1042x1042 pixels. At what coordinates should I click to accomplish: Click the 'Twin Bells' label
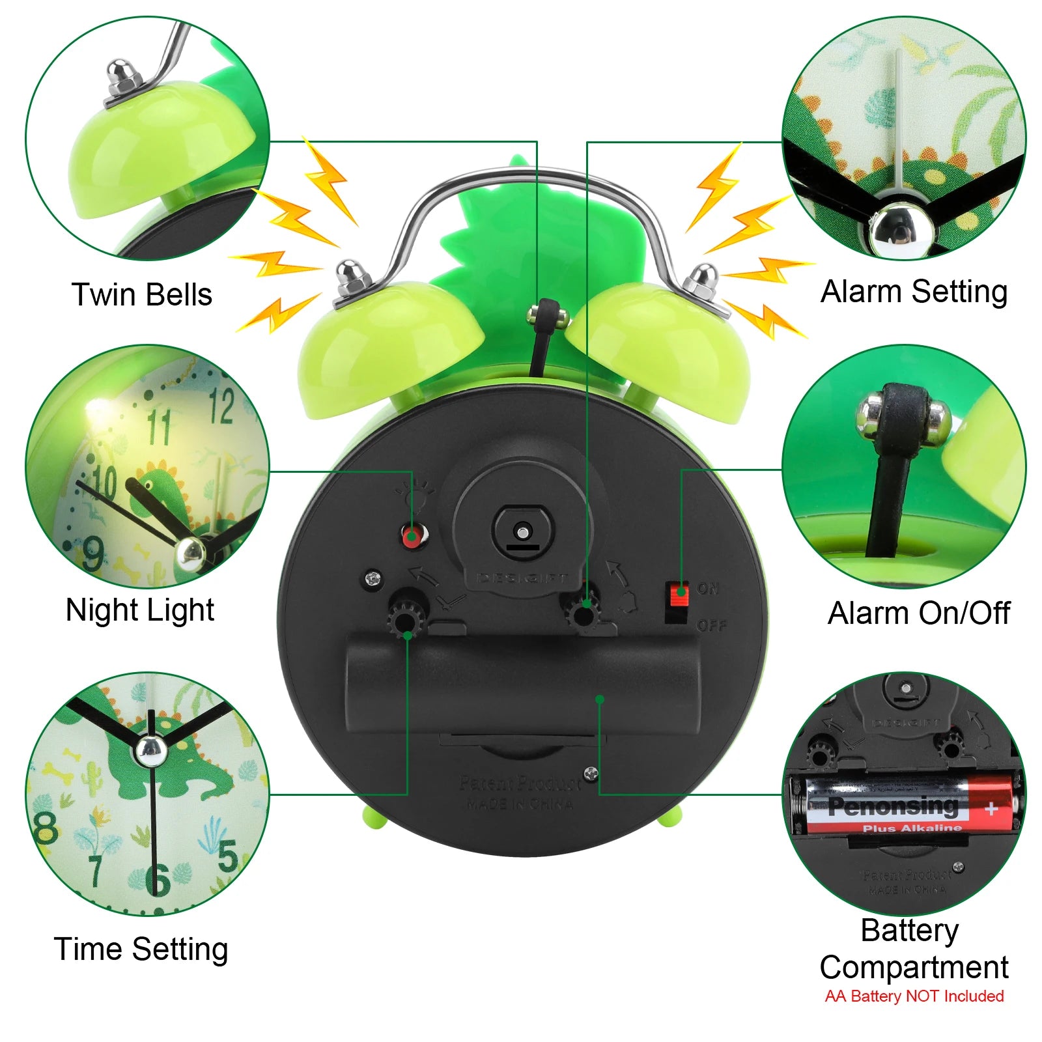point(141,294)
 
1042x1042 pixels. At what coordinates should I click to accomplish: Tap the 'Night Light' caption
point(139,611)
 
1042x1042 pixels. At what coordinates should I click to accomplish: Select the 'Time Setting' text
point(141,949)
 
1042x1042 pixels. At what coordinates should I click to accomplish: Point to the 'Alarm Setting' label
point(914,291)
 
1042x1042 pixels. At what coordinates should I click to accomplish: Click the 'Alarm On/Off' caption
point(918,613)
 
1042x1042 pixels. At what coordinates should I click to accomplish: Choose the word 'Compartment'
point(914,967)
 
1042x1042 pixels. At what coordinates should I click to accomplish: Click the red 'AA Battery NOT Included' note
point(914,996)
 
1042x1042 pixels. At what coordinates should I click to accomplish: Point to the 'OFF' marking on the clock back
point(711,626)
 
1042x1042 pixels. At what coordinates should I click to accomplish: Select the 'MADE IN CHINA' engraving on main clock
point(520,804)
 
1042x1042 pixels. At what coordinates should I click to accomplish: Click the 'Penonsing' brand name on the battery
point(893,806)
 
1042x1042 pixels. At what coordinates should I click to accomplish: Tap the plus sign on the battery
point(991,810)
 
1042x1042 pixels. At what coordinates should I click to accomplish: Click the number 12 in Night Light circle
point(221,406)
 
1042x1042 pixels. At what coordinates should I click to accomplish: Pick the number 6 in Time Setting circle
point(158,880)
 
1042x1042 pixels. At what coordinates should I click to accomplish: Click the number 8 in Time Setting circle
point(46,827)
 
